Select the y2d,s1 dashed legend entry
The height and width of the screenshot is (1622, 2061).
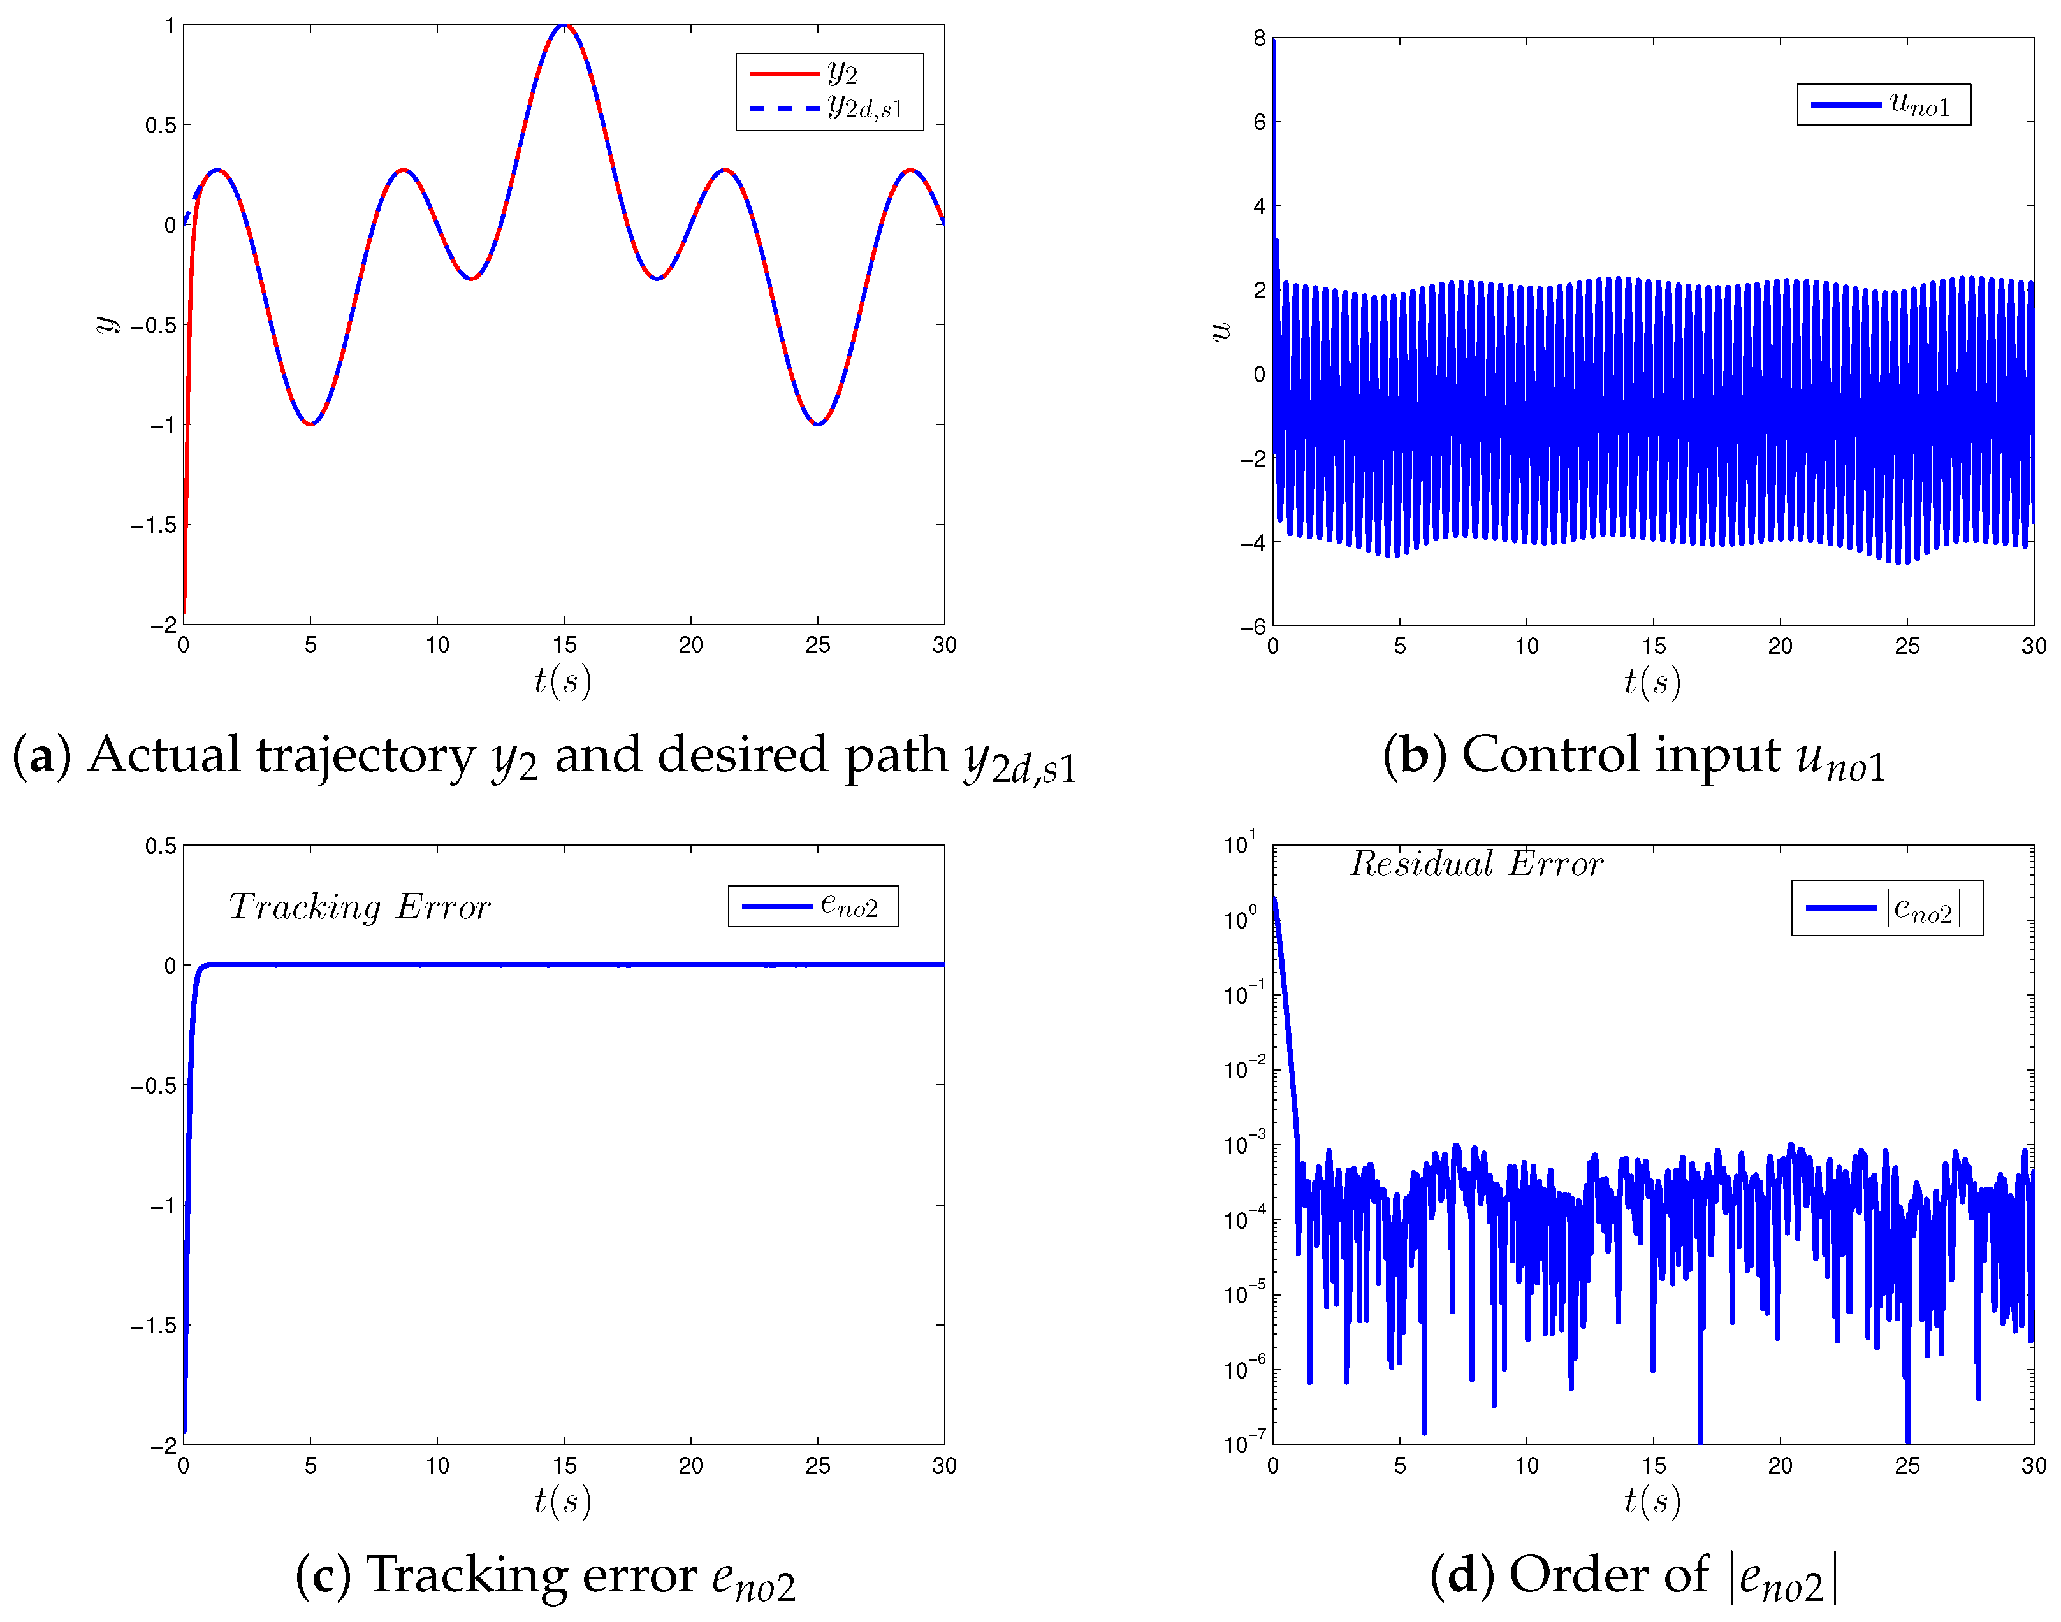(x=826, y=107)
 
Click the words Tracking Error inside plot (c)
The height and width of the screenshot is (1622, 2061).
(x=359, y=907)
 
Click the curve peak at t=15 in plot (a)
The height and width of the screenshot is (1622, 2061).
(x=564, y=27)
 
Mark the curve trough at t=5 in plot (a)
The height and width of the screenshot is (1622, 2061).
(x=310, y=424)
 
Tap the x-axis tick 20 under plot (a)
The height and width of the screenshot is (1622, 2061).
(x=690, y=646)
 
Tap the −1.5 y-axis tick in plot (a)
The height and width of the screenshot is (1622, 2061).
(x=154, y=525)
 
